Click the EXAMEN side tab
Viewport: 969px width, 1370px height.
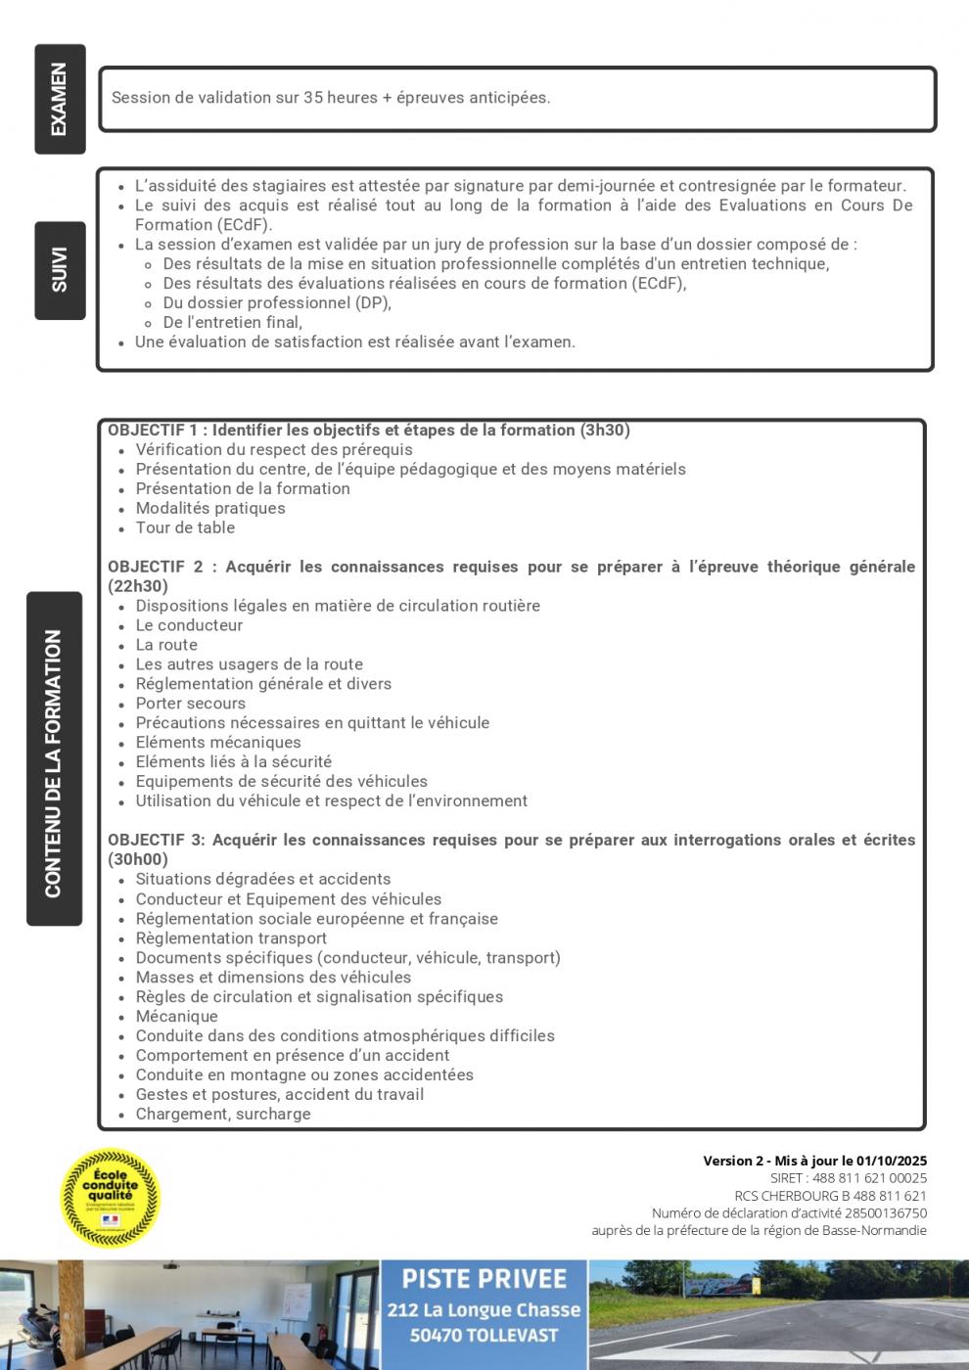click(x=60, y=99)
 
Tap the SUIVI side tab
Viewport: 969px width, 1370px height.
click(x=60, y=270)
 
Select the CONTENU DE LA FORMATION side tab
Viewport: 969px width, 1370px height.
click(x=54, y=758)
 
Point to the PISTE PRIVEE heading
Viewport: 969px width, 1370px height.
click(x=484, y=1279)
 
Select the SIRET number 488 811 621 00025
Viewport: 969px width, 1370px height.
click(x=869, y=1178)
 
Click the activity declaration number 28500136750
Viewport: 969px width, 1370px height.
click(x=886, y=1212)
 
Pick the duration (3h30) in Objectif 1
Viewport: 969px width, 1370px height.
click(x=605, y=430)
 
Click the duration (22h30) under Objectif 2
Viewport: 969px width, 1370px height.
click(x=138, y=586)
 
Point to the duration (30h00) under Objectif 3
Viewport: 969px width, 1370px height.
click(x=138, y=859)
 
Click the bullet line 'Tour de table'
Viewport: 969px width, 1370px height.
click(x=185, y=527)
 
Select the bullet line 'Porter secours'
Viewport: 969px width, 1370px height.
click(x=190, y=704)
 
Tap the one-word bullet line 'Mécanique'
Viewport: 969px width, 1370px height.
click(x=176, y=1016)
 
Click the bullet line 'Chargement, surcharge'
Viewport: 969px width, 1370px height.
click(x=223, y=1114)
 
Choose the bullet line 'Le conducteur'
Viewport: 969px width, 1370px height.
click(x=189, y=625)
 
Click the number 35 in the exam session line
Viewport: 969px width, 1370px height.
click(x=313, y=98)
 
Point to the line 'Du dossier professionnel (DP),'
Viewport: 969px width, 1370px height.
click(x=277, y=303)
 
